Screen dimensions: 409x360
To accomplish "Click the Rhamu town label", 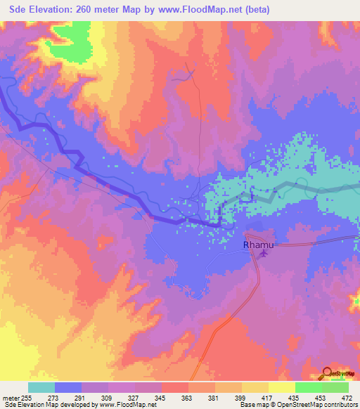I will point(257,245).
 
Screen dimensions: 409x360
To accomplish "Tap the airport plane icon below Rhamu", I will point(263,254).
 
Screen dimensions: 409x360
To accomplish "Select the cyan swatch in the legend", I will point(41,387).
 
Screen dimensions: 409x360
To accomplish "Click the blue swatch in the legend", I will point(68,387).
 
